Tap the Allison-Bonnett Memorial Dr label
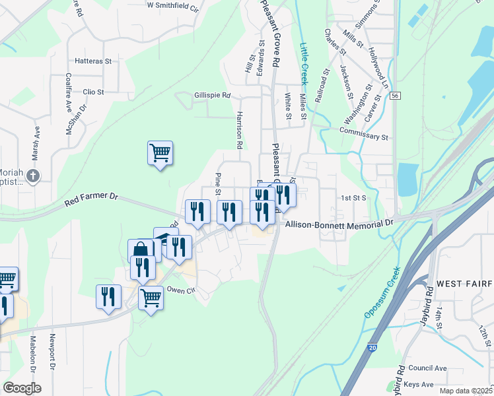339,224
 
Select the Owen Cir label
182,290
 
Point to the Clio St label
93,92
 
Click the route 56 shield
395,96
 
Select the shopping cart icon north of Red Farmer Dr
160,154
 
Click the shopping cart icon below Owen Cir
151,298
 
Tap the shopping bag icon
140,250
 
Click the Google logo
22,388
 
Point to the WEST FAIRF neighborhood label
464,284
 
